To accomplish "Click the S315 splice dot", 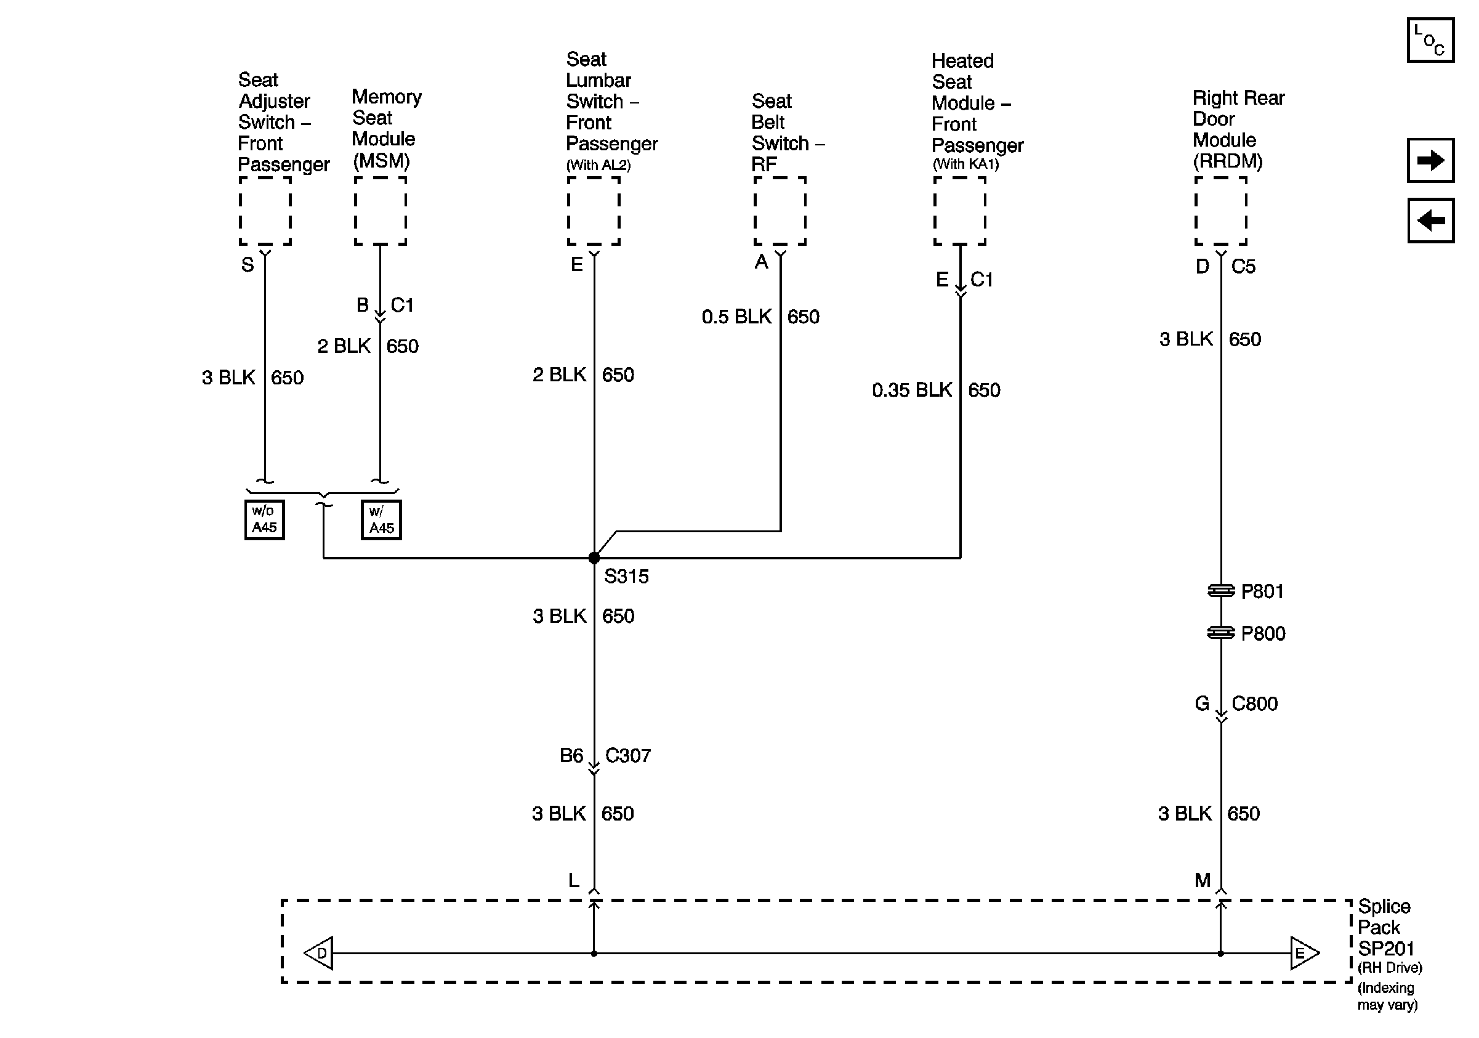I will (594, 558).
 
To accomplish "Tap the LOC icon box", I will (1430, 41).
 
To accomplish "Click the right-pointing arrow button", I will (1430, 160).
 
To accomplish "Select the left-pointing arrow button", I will (1430, 221).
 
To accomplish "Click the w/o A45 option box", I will (264, 519).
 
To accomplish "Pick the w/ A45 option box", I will (381, 520).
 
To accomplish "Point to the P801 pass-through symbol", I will (1220, 590).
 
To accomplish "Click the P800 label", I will (1262, 633).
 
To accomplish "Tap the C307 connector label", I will (627, 755).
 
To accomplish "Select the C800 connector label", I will (1254, 703).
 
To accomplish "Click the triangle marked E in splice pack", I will (1303, 953).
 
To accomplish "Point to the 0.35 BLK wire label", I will (911, 390).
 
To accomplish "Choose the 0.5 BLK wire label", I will (736, 317).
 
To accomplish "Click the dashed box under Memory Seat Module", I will (380, 211).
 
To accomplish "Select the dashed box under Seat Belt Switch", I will (780, 211).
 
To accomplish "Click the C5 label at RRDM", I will (1243, 266).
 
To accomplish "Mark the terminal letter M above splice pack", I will (1202, 880).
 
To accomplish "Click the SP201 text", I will (1385, 949).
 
